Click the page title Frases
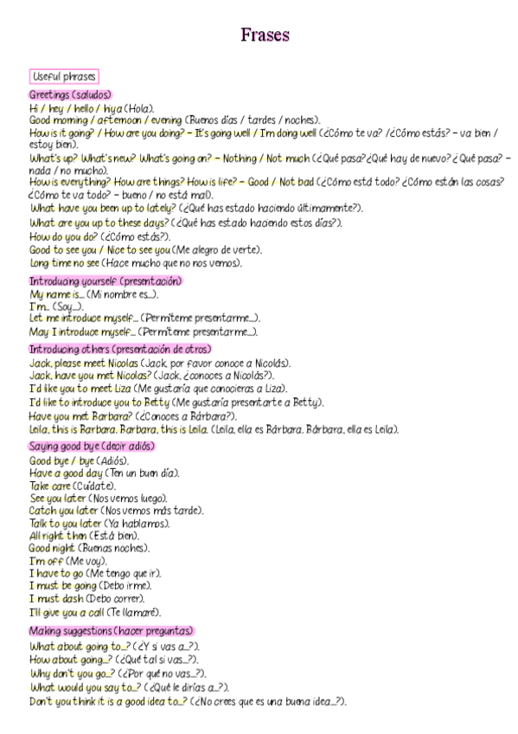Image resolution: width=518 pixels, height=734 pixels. click(x=265, y=35)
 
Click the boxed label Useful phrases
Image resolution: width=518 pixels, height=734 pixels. click(x=64, y=76)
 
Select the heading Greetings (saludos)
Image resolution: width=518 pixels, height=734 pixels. click(x=70, y=94)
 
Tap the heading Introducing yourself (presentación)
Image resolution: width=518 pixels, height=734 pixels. click(x=106, y=281)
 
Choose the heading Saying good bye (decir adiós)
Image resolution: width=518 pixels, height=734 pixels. click(x=92, y=446)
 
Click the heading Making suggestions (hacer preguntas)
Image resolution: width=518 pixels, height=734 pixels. click(x=111, y=631)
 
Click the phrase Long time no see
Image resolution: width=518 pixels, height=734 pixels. click(x=64, y=263)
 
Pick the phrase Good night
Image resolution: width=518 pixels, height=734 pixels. click(x=53, y=548)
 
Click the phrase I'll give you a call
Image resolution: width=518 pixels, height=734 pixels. click(x=66, y=611)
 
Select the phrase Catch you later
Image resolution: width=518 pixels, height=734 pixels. click(x=59, y=511)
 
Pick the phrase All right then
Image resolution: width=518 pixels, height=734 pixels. click(x=58, y=536)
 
